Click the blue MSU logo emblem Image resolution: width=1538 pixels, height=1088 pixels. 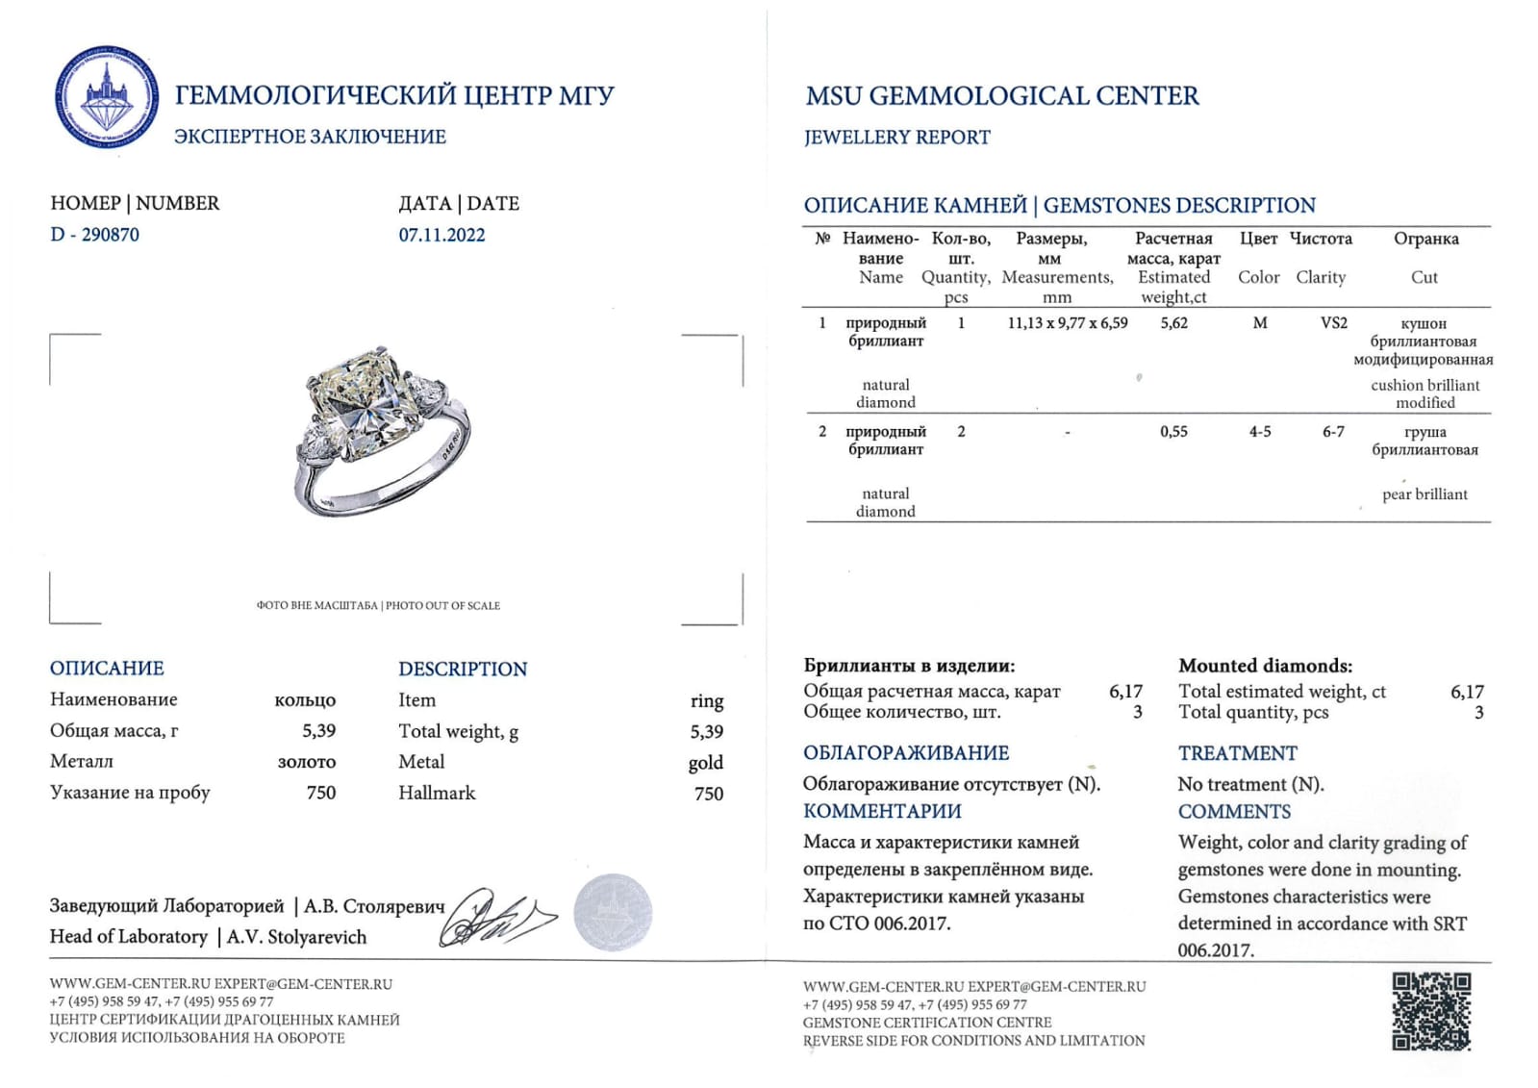point(106,96)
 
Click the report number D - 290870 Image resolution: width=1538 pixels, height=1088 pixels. point(94,235)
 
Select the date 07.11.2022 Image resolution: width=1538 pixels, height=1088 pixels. point(441,235)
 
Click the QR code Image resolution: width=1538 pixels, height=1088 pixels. point(1431,1011)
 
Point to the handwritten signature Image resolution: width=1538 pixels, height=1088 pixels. point(495,917)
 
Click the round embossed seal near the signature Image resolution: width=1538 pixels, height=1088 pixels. point(613,912)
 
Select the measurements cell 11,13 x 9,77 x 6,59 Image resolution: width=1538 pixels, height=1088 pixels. point(1067,323)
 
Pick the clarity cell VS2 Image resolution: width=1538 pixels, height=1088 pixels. point(1333,323)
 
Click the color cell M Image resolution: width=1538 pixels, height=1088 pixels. point(1259,323)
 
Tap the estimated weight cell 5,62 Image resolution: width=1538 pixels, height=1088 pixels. point(1173,323)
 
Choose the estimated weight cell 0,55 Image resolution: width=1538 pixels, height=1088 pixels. point(1173,432)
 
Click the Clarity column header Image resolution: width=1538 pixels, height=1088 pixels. point(1321,277)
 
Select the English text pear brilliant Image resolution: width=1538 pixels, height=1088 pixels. point(1425,494)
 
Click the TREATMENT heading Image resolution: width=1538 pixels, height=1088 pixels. point(1237,753)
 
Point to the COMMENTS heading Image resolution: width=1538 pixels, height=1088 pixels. point(1234,812)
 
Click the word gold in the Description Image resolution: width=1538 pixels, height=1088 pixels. point(705,763)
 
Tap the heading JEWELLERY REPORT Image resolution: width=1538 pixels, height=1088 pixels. point(896,138)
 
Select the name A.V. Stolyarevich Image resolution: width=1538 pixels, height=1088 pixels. point(296,937)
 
